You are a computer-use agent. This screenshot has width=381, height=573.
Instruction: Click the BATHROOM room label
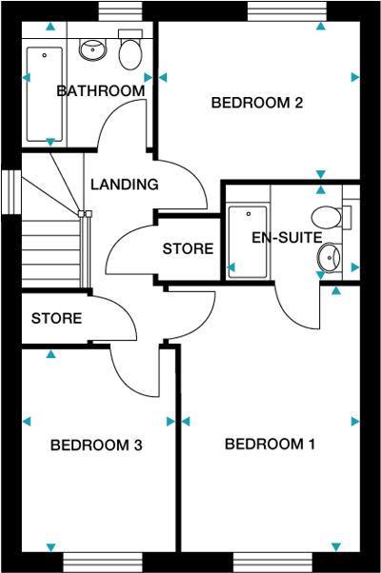click(x=100, y=91)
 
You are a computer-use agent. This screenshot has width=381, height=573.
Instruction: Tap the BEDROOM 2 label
click(x=256, y=103)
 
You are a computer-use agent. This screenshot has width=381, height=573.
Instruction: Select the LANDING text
click(x=124, y=185)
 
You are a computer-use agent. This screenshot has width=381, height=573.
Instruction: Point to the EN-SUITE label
click(x=286, y=237)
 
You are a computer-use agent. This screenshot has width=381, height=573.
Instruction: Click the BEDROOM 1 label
click(x=270, y=445)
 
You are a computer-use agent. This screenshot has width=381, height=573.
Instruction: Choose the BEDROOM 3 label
click(x=96, y=445)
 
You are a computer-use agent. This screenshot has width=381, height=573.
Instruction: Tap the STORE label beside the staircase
click(x=56, y=318)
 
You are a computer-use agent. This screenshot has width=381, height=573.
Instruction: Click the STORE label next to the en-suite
click(x=188, y=249)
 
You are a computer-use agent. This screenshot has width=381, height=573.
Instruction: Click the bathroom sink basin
click(x=92, y=49)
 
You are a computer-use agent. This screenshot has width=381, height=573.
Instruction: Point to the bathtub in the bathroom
click(x=43, y=90)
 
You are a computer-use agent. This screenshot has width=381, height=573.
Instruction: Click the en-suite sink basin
click(x=330, y=255)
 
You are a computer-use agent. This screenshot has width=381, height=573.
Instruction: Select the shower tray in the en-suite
click(x=247, y=241)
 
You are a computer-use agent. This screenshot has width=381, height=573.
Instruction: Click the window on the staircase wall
click(x=11, y=191)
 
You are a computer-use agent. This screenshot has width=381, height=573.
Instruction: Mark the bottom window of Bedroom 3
click(x=103, y=563)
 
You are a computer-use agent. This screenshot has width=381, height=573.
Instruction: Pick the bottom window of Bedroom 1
click(x=272, y=563)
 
